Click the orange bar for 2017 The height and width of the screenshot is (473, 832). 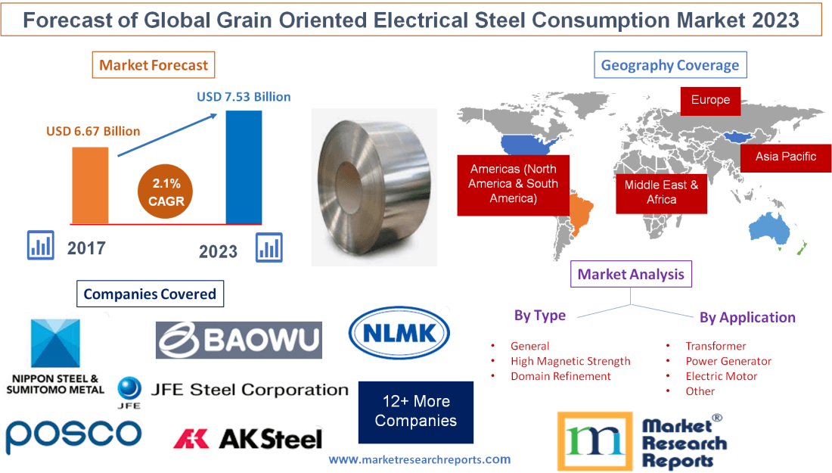[x=90, y=185]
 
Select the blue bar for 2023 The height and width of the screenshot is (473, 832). [x=244, y=166]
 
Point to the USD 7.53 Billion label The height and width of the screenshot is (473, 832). [x=244, y=97]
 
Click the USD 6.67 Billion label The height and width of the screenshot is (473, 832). [x=93, y=131]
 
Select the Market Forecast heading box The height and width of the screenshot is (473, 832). [x=154, y=65]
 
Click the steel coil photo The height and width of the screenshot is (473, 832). [x=374, y=186]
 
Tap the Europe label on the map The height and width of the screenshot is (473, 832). [x=710, y=101]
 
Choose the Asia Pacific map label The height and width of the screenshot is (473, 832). [x=786, y=157]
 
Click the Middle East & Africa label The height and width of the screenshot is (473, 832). [x=661, y=192]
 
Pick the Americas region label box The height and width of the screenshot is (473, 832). [x=513, y=184]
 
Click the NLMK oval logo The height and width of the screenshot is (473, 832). [x=399, y=332]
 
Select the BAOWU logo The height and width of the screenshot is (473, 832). [x=239, y=340]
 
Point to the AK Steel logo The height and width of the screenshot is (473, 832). [x=247, y=438]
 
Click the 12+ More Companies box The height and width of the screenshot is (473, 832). [x=416, y=411]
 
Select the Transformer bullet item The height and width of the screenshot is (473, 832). [x=716, y=346]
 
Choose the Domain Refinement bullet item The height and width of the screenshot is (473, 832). [x=560, y=376]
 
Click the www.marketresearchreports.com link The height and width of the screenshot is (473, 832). [x=420, y=459]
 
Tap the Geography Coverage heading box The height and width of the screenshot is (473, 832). [x=670, y=65]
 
